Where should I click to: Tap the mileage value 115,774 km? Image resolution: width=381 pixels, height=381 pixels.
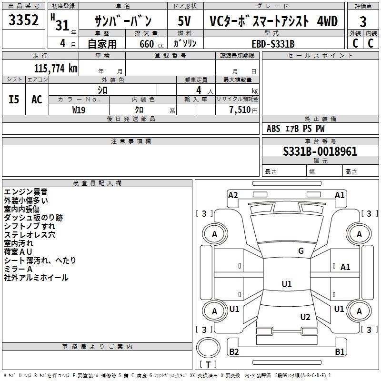click(x=56, y=69)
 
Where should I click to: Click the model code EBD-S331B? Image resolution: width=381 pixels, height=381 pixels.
click(x=273, y=44)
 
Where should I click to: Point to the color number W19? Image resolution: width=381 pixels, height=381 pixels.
click(x=79, y=110)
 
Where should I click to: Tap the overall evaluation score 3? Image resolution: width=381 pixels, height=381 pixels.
click(x=363, y=22)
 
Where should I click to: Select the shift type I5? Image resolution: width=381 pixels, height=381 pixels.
click(x=14, y=99)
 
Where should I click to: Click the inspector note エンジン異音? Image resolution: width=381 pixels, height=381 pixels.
click(x=26, y=192)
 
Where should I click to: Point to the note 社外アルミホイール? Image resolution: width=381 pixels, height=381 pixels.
click(x=36, y=278)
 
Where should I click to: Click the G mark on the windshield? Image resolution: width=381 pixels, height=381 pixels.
click(x=301, y=251)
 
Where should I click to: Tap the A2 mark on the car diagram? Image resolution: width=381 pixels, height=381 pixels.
click(x=233, y=195)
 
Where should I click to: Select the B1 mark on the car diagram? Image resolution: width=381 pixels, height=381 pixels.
click(x=340, y=352)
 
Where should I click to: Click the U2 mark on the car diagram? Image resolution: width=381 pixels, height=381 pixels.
click(x=305, y=317)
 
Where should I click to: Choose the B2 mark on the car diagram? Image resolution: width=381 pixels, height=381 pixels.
click(x=234, y=352)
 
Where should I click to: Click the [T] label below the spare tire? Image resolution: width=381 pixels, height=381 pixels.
click(x=208, y=365)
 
